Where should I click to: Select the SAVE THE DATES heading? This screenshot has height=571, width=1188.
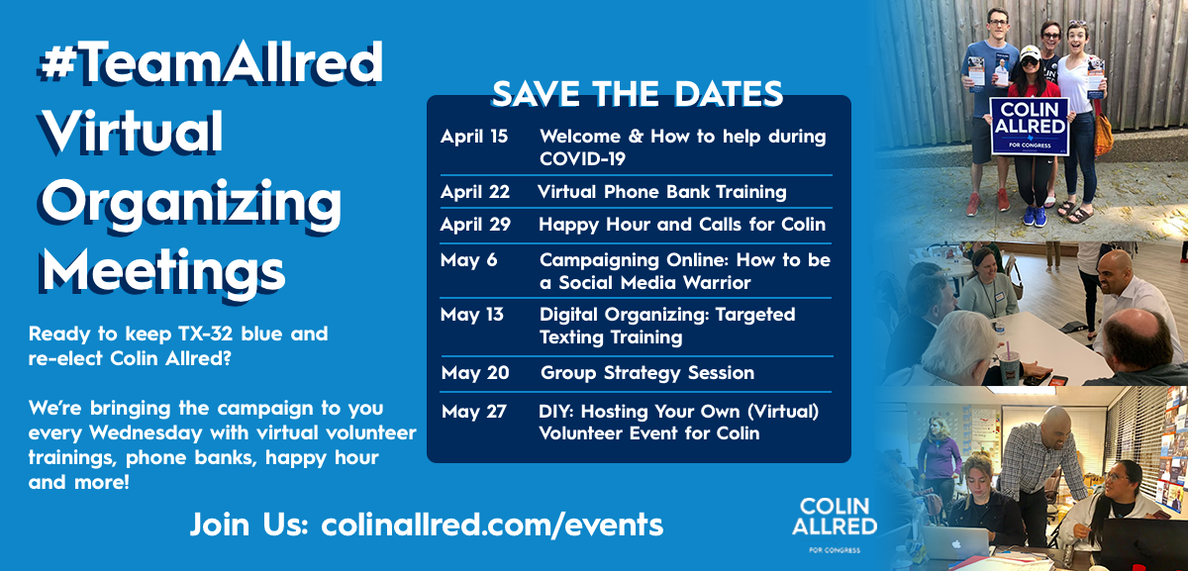point(638,94)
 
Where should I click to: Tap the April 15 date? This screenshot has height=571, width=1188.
point(474,137)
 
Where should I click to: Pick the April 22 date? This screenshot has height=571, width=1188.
point(475,192)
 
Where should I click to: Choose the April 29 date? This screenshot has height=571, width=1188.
point(475,225)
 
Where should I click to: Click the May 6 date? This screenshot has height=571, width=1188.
point(469,260)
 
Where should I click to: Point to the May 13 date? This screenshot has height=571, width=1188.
point(472,315)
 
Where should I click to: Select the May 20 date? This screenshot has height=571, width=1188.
point(475,373)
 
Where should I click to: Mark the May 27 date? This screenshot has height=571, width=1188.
point(474,411)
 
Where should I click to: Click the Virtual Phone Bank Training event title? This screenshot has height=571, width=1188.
point(661,192)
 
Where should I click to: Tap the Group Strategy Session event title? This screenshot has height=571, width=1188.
point(647,373)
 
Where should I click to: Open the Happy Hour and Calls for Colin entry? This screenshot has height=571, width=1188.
point(681,225)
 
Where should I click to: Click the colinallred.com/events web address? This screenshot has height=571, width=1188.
point(492,523)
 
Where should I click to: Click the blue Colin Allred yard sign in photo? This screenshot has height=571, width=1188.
point(1029,126)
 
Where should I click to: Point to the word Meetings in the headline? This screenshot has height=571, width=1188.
point(162,267)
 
